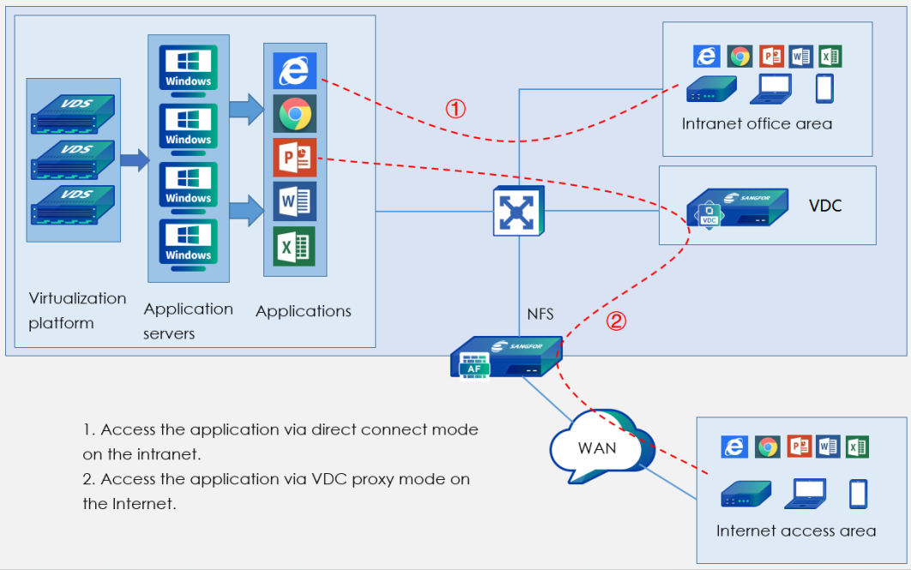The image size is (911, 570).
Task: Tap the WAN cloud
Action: tap(598, 448)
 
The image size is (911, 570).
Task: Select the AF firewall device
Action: tap(505, 358)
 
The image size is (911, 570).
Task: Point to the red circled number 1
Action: tap(455, 109)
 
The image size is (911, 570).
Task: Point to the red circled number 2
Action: tap(617, 321)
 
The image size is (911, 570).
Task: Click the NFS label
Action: tap(540, 315)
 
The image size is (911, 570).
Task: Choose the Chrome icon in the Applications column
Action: tap(295, 114)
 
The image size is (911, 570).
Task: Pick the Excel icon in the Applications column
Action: tap(294, 246)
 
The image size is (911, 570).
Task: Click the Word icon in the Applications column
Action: tap(294, 201)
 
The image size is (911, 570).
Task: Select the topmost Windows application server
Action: tap(189, 66)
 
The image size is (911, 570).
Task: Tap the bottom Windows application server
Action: tap(189, 241)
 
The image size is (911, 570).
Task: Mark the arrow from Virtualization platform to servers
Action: tap(134, 159)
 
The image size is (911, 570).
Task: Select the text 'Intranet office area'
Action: tap(757, 124)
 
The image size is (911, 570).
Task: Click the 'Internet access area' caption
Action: tap(796, 531)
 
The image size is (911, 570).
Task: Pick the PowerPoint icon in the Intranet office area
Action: tap(771, 57)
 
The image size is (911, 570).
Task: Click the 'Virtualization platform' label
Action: tap(77, 310)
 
